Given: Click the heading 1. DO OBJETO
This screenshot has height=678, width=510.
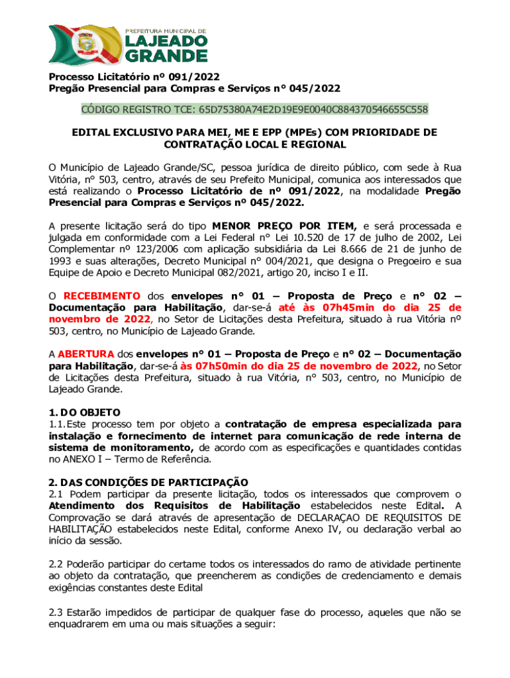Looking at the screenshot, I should click(x=76, y=412).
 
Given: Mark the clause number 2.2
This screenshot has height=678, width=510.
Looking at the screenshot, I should click(x=56, y=563).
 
